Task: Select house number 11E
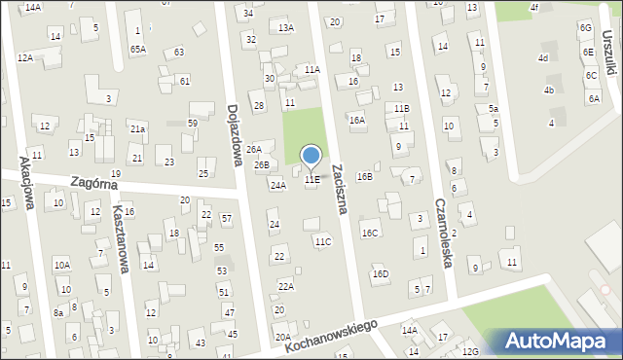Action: (x=311, y=180)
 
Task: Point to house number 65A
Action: (x=138, y=49)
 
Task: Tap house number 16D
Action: (x=381, y=273)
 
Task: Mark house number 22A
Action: (x=285, y=286)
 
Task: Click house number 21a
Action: (x=139, y=128)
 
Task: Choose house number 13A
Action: (x=285, y=28)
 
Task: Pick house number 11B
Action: (x=402, y=108)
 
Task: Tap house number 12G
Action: (x=471, y=351)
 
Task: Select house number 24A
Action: (x=278, y=185)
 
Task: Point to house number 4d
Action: (x=543, y=58)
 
